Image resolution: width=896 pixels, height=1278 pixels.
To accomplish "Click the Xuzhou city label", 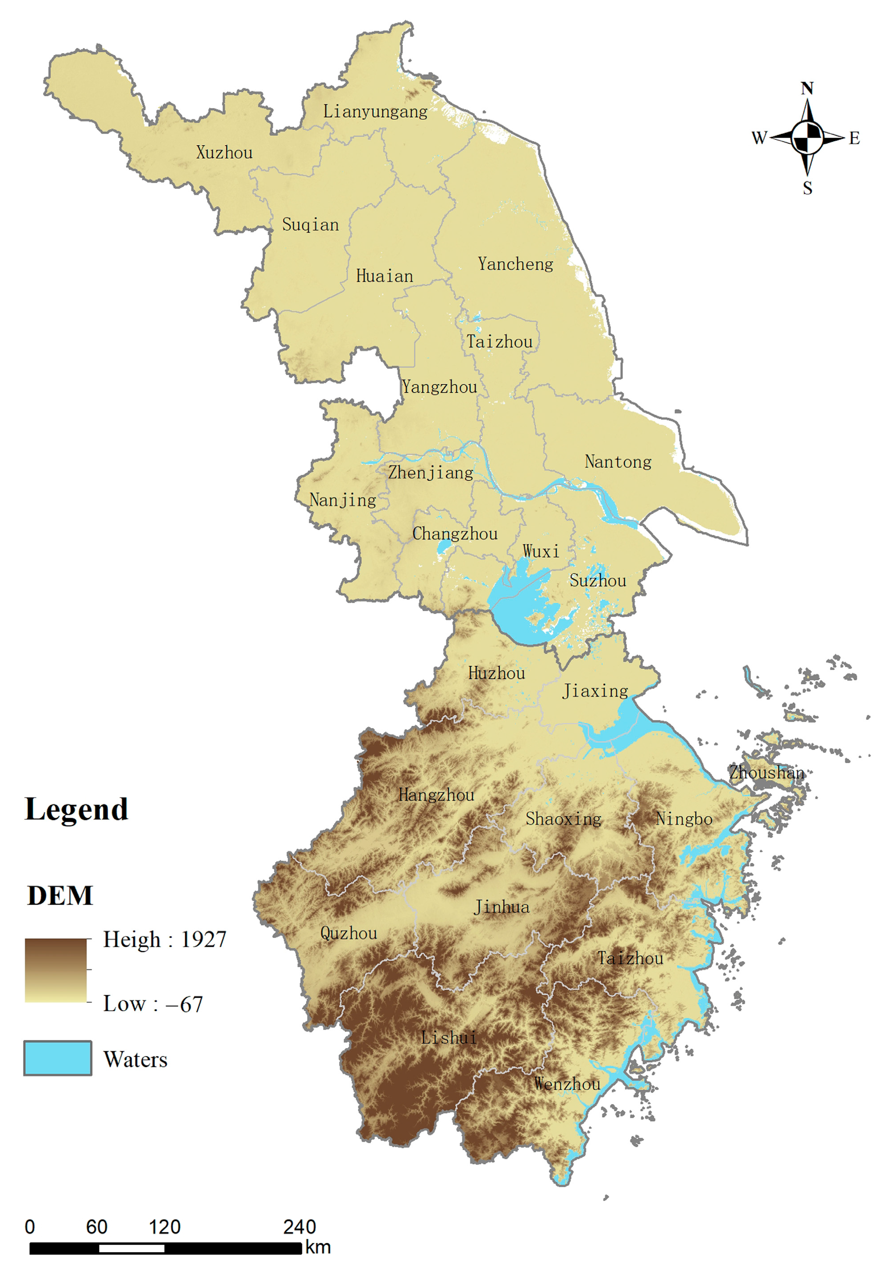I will (x=224, y=153).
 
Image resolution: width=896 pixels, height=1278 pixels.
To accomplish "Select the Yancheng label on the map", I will (x=515, y=264).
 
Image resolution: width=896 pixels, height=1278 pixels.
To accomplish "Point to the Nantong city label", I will (x=618, y=461).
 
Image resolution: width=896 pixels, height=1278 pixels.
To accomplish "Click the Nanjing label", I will (x=343, y=500).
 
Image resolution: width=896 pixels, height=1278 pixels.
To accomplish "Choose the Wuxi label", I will (x=541, y=551).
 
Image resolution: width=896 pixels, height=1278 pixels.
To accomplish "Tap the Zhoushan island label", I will (x=767, y=772).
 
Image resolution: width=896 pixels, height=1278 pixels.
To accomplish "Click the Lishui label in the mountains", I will (x=448, y=1038).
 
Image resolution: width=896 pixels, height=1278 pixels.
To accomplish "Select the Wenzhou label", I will (x=567, y=1084).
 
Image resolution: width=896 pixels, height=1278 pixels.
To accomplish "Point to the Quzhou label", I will (x=349, y=933).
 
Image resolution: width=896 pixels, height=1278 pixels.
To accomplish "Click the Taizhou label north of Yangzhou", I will (x=499, y=341).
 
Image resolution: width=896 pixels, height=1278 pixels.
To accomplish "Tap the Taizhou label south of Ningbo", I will (x=630, y=958).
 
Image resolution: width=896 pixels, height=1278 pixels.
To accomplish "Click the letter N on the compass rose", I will (x=807, y=88).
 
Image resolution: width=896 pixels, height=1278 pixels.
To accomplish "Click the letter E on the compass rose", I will (x=855, y=138).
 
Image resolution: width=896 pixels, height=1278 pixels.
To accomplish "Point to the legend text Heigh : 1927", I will (x=165, y=940).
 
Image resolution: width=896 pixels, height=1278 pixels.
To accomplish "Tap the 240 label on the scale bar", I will (x=299, y=1227).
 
